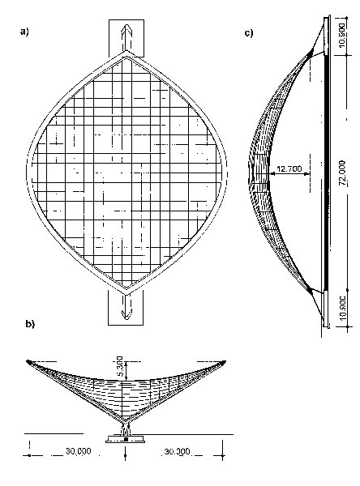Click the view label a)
coord(24,32)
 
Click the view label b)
coord(30,324)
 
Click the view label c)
coord(249,33)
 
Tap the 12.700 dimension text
coord(289,169)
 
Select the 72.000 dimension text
coord(342,173)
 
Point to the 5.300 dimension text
coord(120,368)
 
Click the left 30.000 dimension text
coord(79,451)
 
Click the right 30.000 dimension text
coord(177,451)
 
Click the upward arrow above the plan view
coord(126,37)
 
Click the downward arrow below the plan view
coord(126,306)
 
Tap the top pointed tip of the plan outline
coord(126,52)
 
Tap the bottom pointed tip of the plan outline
coord(126,293)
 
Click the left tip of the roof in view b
coord(28,360)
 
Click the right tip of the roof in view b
coord(225,361)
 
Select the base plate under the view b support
coord(126,439)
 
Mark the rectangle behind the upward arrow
coord(126,38)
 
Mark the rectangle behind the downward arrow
coord(126,308)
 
